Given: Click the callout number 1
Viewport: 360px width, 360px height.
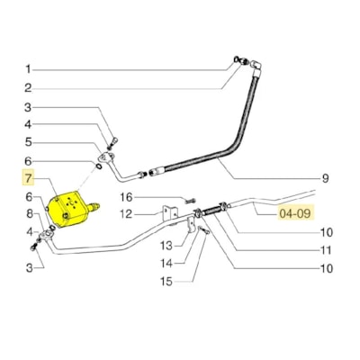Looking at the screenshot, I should click(x=28, y=69).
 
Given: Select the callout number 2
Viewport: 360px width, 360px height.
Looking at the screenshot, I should click(x=28, y=87).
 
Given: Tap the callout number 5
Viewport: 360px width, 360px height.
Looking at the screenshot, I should click(x=28, y=142).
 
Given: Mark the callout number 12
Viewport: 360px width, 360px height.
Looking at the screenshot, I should click(x=126, y=213).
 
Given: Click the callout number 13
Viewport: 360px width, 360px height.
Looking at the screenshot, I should click(x=166, y=245).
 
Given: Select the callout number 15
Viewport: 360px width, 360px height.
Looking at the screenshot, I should click(x=166, y=281).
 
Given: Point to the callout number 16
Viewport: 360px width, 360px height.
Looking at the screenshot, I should click(x=127, y=196).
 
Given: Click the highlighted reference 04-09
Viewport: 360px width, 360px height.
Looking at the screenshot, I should click(x=295, y=214).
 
